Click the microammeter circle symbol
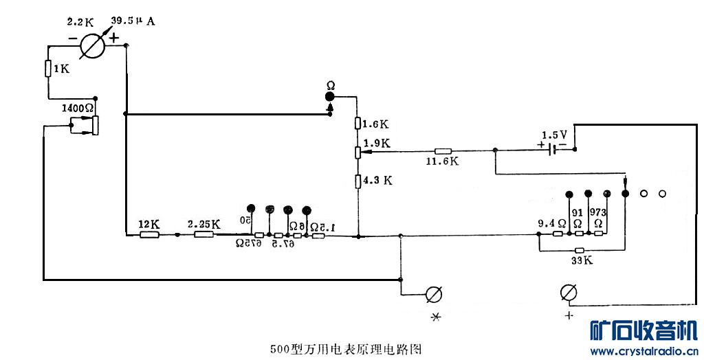(91, 46)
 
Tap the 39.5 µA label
(133, 21)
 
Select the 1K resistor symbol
(48, 68)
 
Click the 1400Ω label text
(77, 108)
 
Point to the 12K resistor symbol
(149, 235)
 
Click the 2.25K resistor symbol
(203, 235)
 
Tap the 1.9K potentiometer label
(377, 144)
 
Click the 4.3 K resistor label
(377, 181)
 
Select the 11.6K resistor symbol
(443, 151)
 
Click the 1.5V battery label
(554, 134)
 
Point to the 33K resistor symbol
(580, 250)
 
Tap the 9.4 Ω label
(551, 223)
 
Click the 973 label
(597, 212)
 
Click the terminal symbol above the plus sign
(569, 294)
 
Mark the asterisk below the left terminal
(434, 317)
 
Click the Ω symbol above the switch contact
(331, 85)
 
